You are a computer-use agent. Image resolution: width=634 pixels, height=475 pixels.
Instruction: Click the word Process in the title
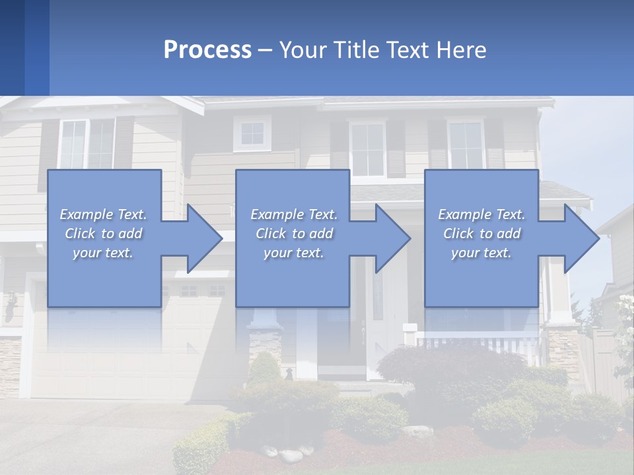tap(207, 50)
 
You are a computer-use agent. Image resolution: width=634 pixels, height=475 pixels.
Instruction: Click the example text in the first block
tap(103, 234)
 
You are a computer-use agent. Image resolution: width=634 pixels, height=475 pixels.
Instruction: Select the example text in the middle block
tap(293, 234)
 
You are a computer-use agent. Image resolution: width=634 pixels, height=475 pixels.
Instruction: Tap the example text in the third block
tap(481, 234)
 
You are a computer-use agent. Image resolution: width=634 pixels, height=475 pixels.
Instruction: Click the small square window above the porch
tap(252, 134)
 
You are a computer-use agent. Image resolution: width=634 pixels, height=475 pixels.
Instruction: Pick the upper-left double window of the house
tap(87, 143)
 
